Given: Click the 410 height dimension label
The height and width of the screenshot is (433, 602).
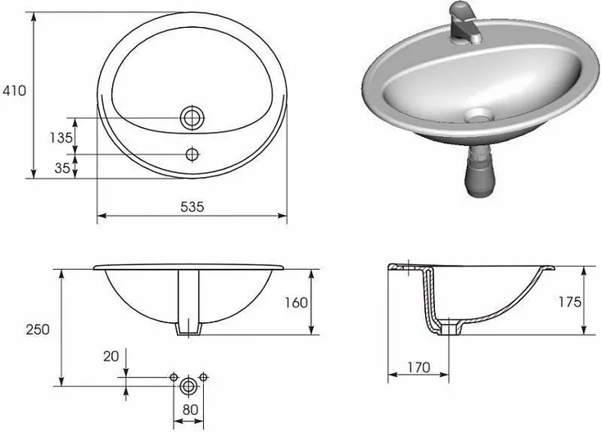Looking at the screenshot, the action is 14,91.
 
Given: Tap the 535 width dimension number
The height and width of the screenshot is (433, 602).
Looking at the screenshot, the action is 192,207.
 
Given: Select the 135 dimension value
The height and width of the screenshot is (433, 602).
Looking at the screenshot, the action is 61,137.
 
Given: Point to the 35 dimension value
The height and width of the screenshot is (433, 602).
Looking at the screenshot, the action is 62,168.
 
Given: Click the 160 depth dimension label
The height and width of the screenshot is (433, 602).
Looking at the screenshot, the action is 296,303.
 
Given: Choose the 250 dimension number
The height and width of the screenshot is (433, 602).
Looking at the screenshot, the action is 38,330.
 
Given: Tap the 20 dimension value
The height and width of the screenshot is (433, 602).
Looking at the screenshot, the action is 111,357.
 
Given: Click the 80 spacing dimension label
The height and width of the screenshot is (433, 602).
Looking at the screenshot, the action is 190,410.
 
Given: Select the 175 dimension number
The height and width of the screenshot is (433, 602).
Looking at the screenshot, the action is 569,303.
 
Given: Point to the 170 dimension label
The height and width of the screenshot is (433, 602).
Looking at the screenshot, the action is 419,367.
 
